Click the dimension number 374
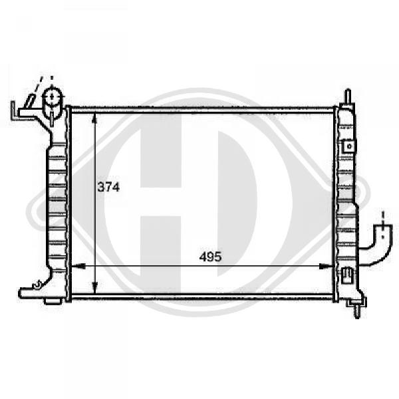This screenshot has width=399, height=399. (108, 188)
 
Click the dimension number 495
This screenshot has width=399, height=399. (210, 257)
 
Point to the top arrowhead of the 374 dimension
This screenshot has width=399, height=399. (94, 118)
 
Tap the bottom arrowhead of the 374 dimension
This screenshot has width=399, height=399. (94, 288)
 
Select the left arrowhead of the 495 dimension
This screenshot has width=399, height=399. (77, 267)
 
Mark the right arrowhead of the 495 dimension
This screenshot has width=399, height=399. (326, 267)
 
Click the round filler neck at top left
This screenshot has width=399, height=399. (52, 96)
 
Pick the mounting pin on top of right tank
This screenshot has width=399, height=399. (348, 96)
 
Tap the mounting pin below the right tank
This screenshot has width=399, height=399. (358, 311)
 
